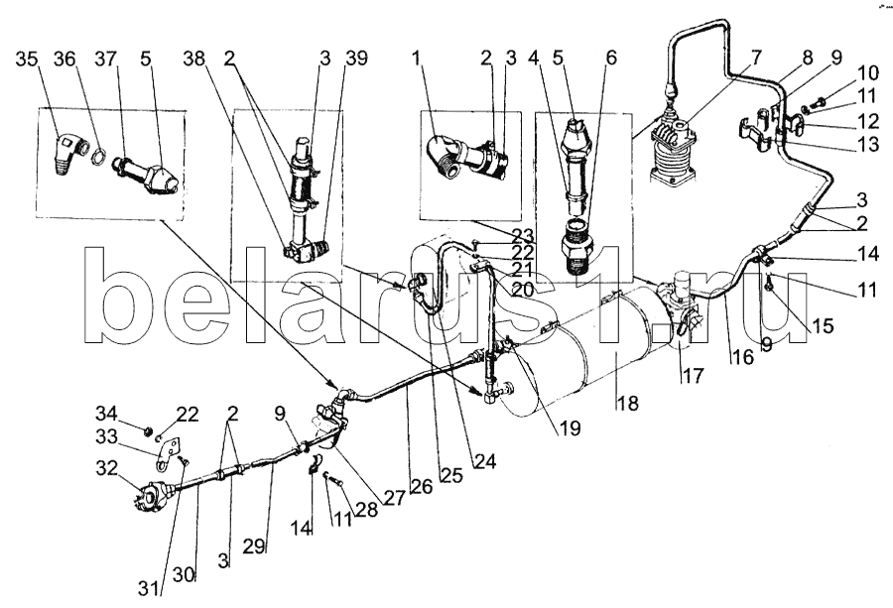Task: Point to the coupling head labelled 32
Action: click(144, 494)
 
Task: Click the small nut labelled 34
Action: click(146, 430)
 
